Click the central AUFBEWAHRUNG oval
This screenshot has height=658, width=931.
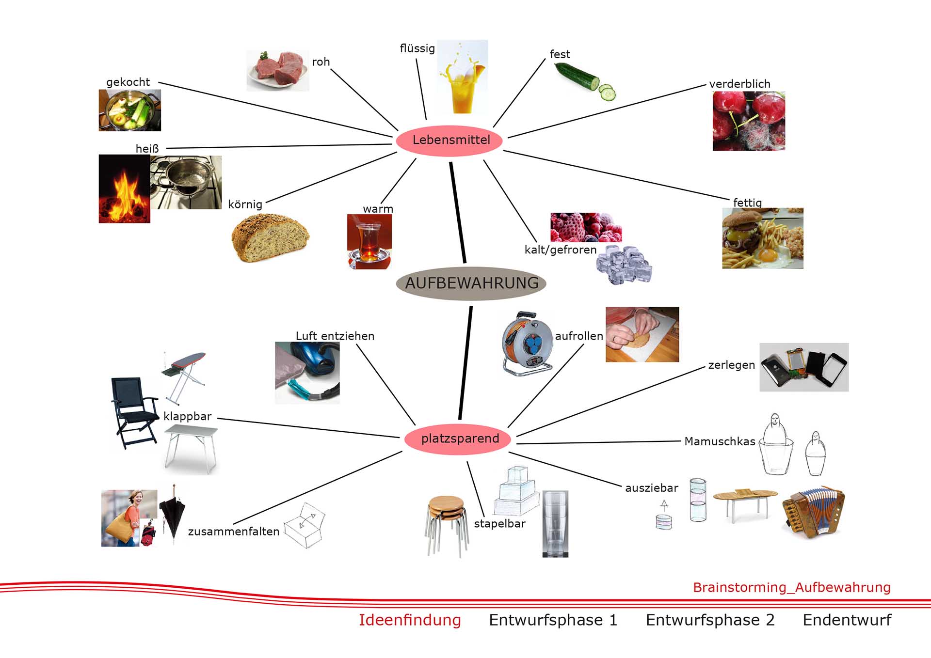tap(471, 283)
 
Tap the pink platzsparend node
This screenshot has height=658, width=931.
tap(459, 439)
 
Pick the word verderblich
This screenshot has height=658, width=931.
tap(739, 84)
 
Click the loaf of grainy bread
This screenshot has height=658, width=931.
tap(270, 237)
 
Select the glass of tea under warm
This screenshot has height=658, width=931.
tap(369, 241)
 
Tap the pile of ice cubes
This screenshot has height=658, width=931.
tap(624, 264)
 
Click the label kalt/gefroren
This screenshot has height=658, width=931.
tap(561, 250)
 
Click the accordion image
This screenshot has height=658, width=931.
tap(813, 512)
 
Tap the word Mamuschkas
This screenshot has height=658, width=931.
tap(720, 441)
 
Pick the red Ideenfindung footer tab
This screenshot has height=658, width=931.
tap(410, 620)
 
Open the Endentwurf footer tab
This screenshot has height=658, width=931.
tap(847, 620)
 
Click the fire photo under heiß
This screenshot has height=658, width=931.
tap(124, 189)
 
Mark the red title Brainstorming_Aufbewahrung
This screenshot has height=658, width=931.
tap(791, 587)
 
